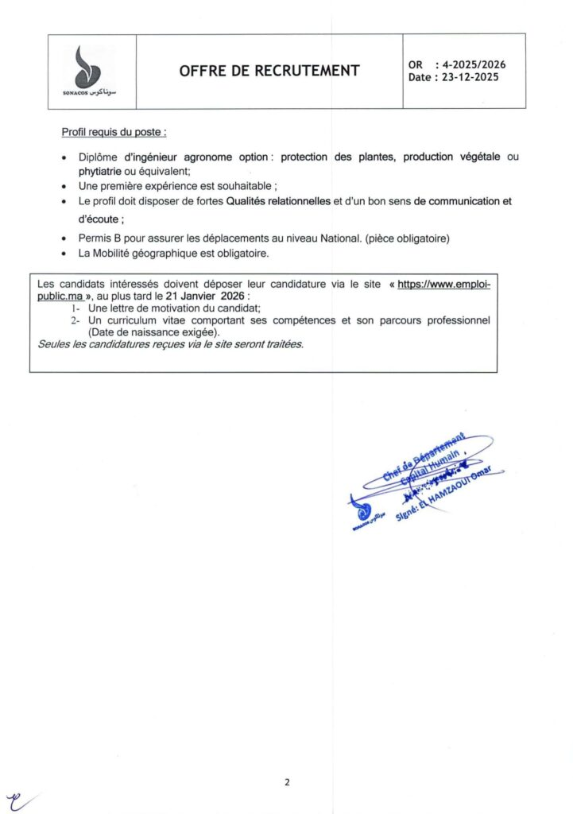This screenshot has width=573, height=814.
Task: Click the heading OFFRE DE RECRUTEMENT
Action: click(x=269, y=71)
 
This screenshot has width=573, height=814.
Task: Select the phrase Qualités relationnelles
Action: click(x=278, y=202)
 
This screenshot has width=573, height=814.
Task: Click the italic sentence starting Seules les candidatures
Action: click(x=170, y=344)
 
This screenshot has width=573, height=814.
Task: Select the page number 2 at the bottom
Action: click(x=287, y=782)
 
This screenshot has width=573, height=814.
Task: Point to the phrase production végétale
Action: click(x=451, y=157)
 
